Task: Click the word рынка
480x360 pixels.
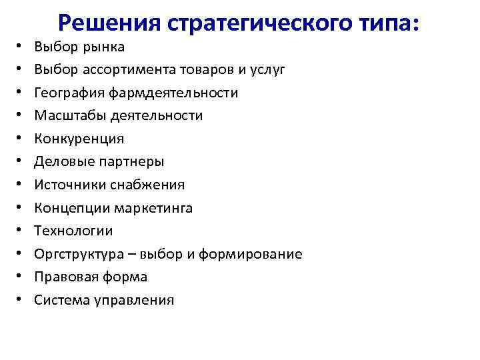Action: point(104,47)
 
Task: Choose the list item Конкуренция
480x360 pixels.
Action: point(79,139)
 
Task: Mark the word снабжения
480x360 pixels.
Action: point(151,185)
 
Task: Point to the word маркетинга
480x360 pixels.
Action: point(152,208)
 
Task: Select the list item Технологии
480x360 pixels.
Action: point(74,231)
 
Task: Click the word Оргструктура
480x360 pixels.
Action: point(79,254)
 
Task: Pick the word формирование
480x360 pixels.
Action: point(262,254)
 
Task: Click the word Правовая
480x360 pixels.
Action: point(64,277)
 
